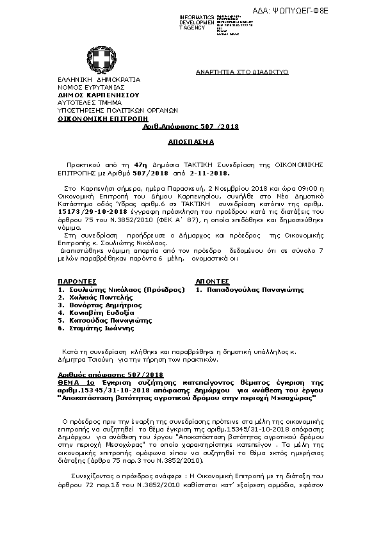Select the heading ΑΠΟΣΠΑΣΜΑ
[x=190, y=141]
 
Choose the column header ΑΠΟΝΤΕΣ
[x=212, y=281]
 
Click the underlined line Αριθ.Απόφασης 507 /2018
[x=190, y=127]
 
